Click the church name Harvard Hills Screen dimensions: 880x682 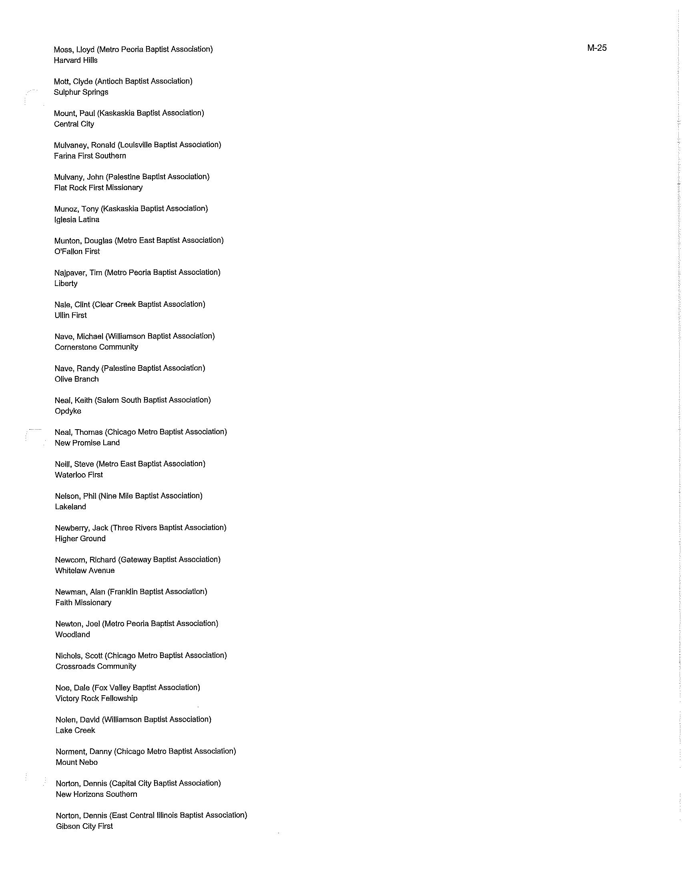point(76,60)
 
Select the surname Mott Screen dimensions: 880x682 point(62,81)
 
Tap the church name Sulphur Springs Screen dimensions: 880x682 point(81,92)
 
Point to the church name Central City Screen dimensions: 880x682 point(74,124)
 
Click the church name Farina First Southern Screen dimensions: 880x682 point(90,156)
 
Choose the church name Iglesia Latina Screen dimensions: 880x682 point(76,220)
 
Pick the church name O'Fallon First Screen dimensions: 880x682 point(77,252)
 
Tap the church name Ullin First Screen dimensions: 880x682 point(70,316)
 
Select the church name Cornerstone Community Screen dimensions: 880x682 point(96,347)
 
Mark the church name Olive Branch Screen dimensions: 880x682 point(76,379)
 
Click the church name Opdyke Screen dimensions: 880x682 point(68,411)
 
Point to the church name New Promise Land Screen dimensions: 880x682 point(87,443)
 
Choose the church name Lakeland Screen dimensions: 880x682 point(70,507)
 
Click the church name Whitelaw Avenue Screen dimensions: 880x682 point(84,570)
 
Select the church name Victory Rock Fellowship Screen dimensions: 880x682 point(96,698)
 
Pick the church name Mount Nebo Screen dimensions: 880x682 point(76,762)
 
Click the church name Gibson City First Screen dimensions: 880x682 point(84,826)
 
